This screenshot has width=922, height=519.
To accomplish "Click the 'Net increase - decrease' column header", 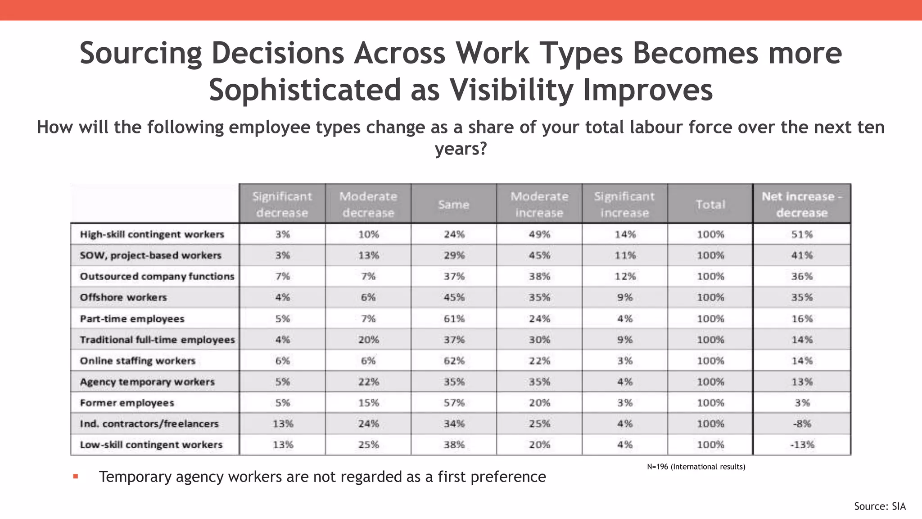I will point(802,204).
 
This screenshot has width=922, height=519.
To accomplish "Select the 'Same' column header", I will point(454,205).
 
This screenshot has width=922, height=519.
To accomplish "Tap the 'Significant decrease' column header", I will point(282,204).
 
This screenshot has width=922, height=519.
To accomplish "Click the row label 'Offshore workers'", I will point(123,297).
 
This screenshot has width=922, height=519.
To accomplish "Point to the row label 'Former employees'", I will point(127,403).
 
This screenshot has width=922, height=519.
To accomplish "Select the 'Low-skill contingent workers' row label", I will point(151,445).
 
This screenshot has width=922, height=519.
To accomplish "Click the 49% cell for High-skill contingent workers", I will point(539,234).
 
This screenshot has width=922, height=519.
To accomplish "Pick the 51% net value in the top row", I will point(802,234).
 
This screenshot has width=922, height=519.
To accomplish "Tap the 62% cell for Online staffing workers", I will point(454,361).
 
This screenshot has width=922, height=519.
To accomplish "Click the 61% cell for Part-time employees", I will point(454,319).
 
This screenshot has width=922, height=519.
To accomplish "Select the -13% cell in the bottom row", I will point(802,445).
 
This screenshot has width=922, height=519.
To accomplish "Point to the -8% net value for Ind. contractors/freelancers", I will point(802,423).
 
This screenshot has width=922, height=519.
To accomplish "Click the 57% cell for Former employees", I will point(454,403).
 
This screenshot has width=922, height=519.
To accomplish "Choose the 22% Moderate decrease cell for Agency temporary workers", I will point(368,382).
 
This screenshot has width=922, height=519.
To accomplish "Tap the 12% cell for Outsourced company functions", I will point(625,276).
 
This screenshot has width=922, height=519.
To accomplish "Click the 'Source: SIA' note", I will point(880,506).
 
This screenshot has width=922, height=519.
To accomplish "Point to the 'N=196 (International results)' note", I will point(696,467).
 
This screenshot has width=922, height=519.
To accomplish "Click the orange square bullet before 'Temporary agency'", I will point(76,476).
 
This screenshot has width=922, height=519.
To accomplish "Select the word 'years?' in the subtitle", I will point(461,148).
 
